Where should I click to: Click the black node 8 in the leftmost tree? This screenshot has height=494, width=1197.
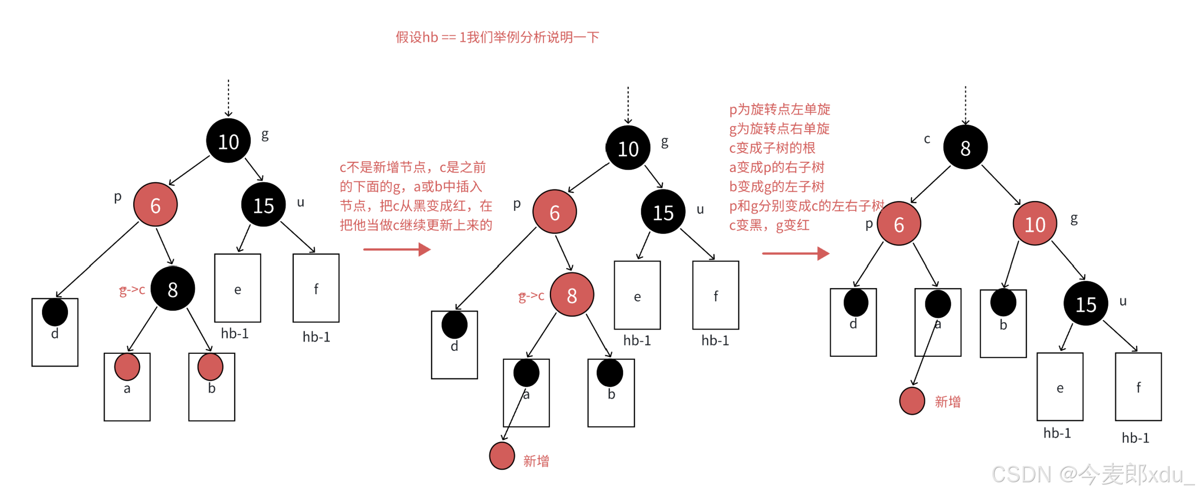pyautogui.click(x=172, y=289)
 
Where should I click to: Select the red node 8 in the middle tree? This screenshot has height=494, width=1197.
pyautogui.click(x=571, y=295)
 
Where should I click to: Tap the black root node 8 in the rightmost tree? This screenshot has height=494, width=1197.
pyautogui.click(x=965, y=148)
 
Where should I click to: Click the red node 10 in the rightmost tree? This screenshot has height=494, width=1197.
pyautogui.click(x=1034, y=224)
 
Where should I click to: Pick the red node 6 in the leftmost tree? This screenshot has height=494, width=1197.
pyautogui.click(x=155, y=205)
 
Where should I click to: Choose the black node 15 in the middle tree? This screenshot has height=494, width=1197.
pyautogui.click(x=663, y=212)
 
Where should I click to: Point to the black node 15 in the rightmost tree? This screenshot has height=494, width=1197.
pyautogui.click(x=1085, y=304)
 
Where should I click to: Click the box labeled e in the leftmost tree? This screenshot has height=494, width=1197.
pyautogui.click(x=237, y=288)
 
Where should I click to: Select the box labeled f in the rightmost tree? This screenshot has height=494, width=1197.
pyautogui.click(x=1138, y=387)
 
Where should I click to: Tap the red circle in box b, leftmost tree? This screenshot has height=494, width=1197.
pyautogui.click(x=211, y=367)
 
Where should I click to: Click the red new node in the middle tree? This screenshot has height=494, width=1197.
pyautogui.click(x=502, y=456)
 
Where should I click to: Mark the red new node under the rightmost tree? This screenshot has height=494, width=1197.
pyautogui.click(x=912, y=401)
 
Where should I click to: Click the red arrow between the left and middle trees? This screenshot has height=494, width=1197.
pyautogui.click(x=397, y=249)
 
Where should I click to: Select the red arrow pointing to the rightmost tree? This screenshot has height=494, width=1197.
pyautogui.click(x=796, y=253)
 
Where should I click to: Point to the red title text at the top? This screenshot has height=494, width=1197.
pyautogui.click(x=497, y=37)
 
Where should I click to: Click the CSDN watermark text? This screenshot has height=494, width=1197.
pyautogui.click(x=1092, y=474)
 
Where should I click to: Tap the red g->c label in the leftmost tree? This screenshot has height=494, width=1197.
pyautogui.click(x=132, y=290)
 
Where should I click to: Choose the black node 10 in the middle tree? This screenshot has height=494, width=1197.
pyautogui.click(x=628, y=148)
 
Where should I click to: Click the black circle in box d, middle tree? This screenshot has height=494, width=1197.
pyautogui.click(x=454, y=325)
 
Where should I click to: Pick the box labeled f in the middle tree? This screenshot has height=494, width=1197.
pyautogui.click(x=715, y=295)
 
